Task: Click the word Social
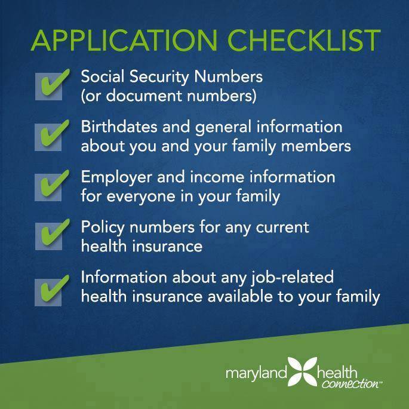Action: click(101, 78)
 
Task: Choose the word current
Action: click(287, 227)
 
